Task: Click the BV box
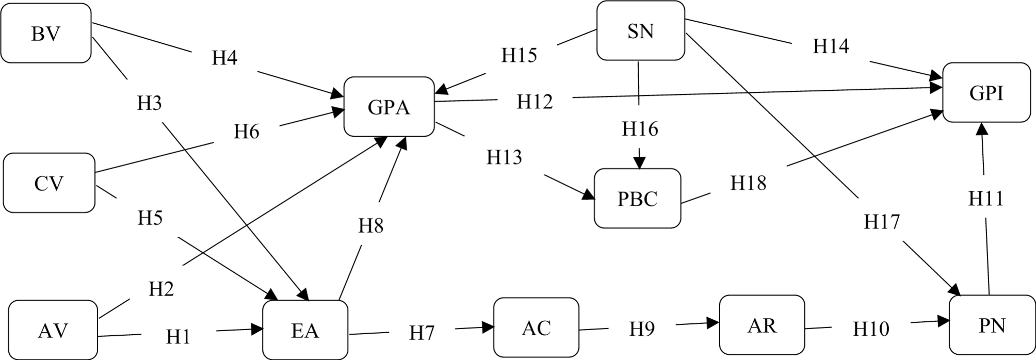point(46,34)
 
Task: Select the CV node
point(49,183)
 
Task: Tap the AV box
point(53,330)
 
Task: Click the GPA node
point(389,107)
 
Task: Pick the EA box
point(305,330)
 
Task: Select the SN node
point(641,31)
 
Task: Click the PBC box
point(637,199)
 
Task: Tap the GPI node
point(986,93)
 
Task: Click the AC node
point(536,328)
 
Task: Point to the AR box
point(762,325)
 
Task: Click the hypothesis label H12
point(535,102)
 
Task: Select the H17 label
point(882,221)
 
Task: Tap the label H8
point(371,225)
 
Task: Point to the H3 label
point(149,103)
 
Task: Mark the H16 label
point(640,128)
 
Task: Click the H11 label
point(985,198)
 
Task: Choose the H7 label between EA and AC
point(422,333)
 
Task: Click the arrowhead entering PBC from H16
point(640,163)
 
